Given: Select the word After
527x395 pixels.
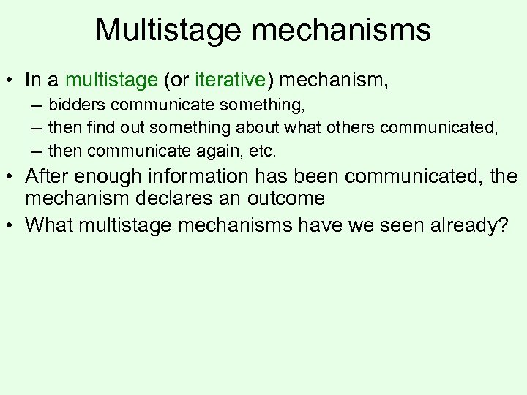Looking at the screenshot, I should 49,176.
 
